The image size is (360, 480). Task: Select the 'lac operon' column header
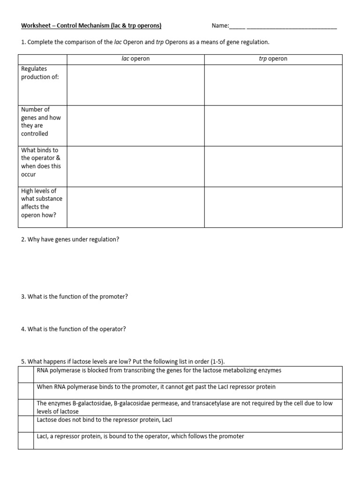tap(136, 59)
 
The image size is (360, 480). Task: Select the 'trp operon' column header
tap(273, 59)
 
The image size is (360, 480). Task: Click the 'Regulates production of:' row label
tap(40, 73)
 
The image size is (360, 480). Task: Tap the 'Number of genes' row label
tap(41, 121)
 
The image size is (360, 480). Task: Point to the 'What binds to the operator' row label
tap(41, 162)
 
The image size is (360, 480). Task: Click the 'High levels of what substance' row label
tap(41, 202)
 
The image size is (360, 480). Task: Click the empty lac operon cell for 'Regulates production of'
tap(136, 85)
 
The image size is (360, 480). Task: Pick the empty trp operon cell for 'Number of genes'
tap(273, 126)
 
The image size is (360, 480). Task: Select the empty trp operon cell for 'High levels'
tap(273, 207)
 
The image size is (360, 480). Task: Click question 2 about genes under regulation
tap(70, 240)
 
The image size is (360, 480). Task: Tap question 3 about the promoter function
tap(75, 297)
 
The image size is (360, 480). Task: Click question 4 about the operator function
tap(74, 329)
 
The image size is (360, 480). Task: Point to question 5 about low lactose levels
tap(123, 361)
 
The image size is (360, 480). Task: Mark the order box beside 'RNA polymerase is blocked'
tap(26, 375)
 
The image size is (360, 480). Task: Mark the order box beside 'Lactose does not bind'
tap(26, 424)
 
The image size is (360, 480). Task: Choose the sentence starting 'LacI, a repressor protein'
tap(140, 436)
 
